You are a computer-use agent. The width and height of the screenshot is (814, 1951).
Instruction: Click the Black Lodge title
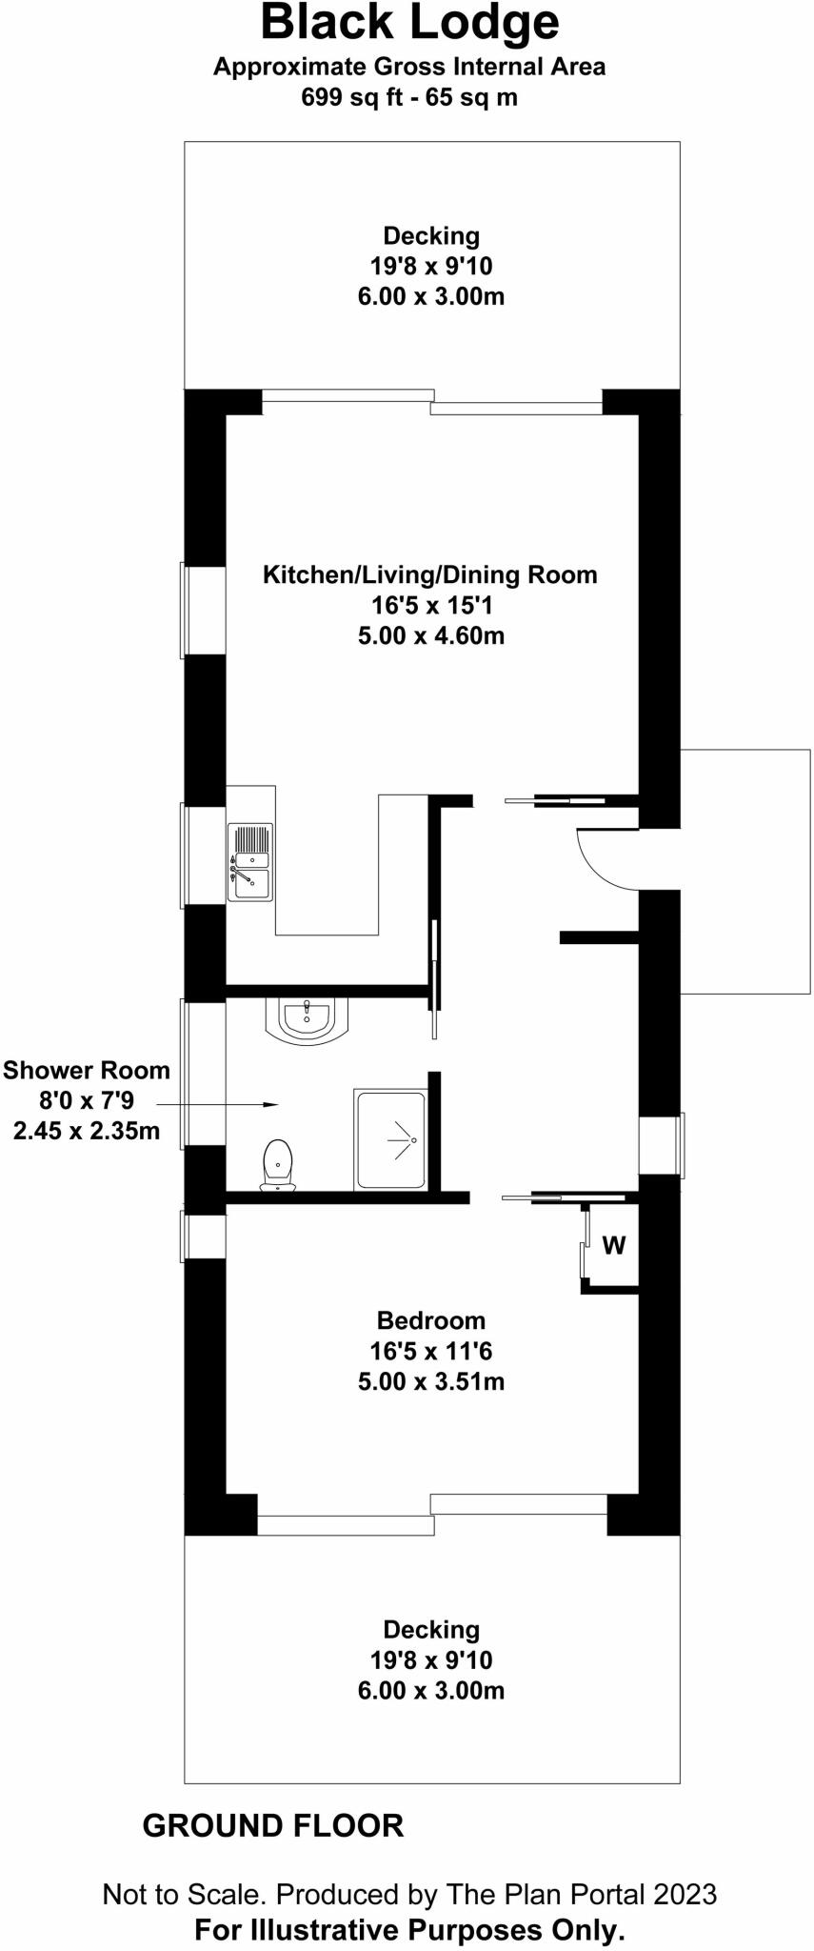409,24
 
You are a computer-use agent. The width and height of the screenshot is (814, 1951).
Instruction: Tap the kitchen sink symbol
250,861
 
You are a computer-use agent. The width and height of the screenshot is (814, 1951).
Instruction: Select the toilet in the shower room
277,1165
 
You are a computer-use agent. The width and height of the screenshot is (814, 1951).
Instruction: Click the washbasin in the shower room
307,1018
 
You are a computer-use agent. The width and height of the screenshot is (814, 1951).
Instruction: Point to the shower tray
390,1139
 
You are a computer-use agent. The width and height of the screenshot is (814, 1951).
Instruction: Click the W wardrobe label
614,1245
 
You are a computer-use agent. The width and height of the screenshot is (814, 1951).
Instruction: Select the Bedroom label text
431,1320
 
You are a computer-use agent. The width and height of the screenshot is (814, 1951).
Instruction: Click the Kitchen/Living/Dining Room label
430,574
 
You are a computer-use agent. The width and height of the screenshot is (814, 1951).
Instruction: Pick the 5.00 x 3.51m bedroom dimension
431,1381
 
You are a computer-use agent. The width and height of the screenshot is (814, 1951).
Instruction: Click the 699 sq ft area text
409,97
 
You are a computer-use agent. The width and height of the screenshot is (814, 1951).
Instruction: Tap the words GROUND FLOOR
273,1825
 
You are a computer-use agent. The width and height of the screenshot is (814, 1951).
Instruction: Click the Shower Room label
87,1070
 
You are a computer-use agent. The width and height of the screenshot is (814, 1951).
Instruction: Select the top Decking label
431,235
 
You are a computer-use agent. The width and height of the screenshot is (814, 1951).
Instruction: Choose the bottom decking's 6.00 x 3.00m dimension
431,1690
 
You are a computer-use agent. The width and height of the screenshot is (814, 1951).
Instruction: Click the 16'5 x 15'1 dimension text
431,605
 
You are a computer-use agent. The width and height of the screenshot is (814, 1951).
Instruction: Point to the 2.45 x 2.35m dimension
87,1131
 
